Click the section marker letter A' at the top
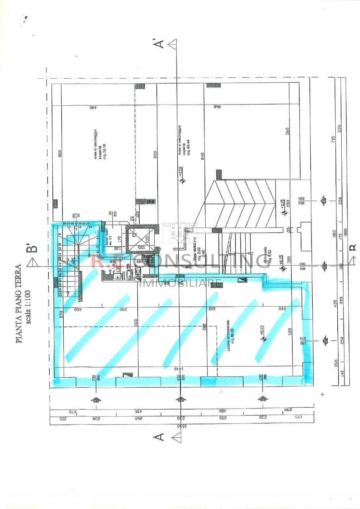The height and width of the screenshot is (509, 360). click(x=160, y=43)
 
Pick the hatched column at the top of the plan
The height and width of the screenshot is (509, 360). click(x=214, y=85)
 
